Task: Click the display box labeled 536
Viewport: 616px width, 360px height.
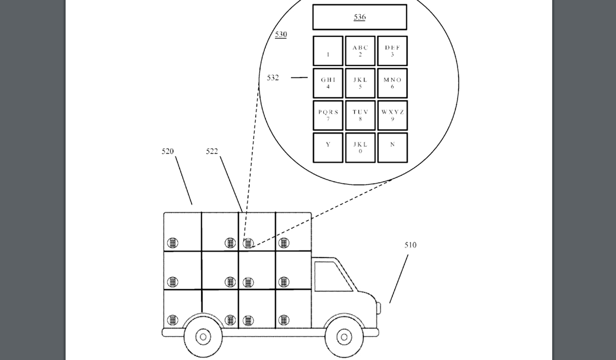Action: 360,17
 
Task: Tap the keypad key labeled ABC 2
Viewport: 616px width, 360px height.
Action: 360,51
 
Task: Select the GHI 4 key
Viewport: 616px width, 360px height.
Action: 328,83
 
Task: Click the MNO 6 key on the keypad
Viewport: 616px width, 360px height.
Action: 392,83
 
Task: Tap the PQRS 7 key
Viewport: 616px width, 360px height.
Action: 328,116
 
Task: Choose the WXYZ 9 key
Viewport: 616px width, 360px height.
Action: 392,116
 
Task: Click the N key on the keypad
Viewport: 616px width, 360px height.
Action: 392,148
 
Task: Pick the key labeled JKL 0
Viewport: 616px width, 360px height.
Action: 360,148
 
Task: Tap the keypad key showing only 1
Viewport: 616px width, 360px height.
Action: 328,51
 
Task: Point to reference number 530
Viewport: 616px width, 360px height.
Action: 281,34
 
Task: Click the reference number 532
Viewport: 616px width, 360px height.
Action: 273,78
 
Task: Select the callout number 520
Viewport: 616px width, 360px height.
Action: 168,151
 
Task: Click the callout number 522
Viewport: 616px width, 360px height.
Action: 212,151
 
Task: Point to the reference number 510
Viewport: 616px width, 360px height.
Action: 410,245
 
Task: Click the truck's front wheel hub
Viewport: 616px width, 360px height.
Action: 344,337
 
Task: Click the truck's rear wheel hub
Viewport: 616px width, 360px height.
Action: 203,337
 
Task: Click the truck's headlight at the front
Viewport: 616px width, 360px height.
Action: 378,308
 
